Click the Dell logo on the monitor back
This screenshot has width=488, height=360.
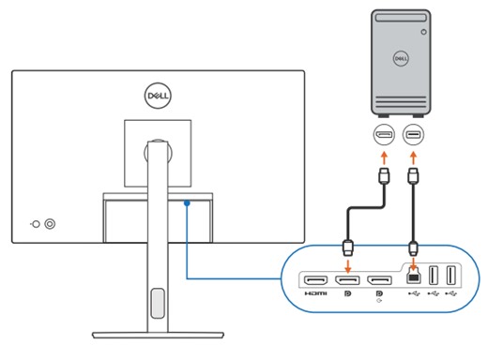pos(157,96)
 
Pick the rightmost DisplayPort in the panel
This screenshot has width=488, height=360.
pos(379,278)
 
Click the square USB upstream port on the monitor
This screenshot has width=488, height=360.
pos(411,277)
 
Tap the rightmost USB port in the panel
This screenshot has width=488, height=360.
pos(450,277)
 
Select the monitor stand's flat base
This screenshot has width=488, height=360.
pos(157,333)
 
